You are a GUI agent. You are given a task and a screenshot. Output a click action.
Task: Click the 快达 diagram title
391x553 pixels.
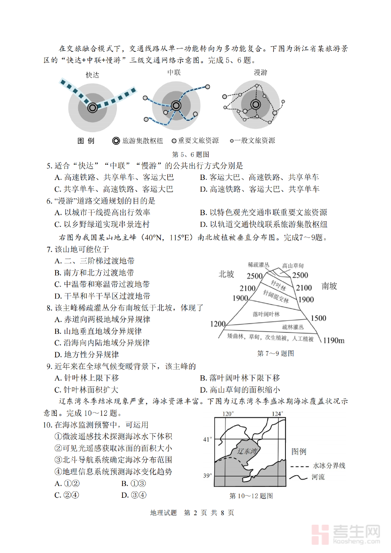coord(93,75)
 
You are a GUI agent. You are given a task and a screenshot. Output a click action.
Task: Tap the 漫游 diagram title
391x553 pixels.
coord(260,73)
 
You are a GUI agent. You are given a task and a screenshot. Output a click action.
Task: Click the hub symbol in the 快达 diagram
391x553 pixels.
coord(93,107)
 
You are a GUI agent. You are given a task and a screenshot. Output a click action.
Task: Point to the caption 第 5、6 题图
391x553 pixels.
coord(191,154)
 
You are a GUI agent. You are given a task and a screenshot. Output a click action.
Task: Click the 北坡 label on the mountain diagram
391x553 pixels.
coord(227,274)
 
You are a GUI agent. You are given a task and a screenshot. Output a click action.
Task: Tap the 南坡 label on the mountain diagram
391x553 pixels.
coord(329,286)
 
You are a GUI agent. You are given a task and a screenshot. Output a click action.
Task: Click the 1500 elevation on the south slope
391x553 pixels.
coord(318,318)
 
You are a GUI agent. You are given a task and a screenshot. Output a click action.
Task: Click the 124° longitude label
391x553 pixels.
coord(277,413)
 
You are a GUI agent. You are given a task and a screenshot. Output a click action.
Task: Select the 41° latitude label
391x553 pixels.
coord(207,440)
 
